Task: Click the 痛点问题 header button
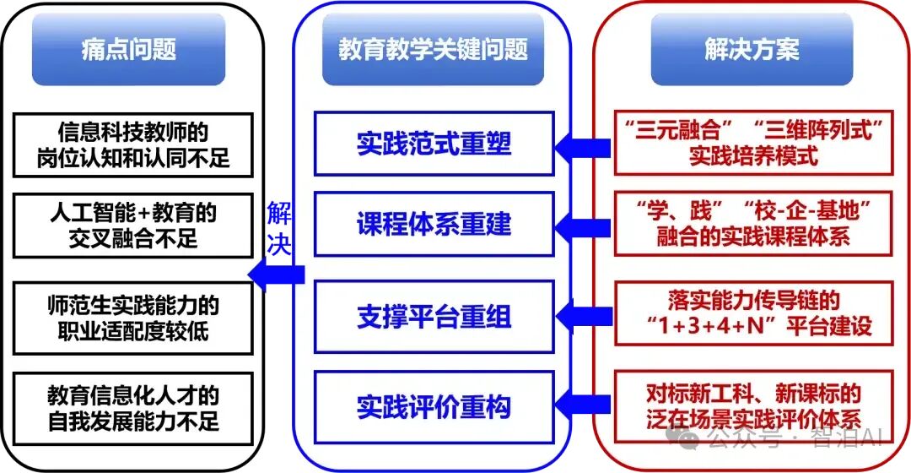click(x=129, y=50)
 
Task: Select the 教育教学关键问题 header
click(x=434, y=50)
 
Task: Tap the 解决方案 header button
click(x=752, y=50)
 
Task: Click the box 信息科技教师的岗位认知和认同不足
click(x=133, y=144)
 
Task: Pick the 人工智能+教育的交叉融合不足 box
click(x=133, y=225)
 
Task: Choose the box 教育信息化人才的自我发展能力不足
click(x=133, y=407)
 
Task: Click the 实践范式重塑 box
click(x=434, y=144)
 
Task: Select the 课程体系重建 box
click(x=434, y=225)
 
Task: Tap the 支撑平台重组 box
click(x=434, y=317)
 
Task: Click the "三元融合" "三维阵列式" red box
click(x=753, y=143)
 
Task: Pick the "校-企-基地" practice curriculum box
click(x=753, y=224)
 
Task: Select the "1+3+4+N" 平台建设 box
click(x=753, y=313)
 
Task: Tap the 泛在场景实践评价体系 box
click(x=753, y=405)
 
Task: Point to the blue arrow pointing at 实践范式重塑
click(x=585, y=147)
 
